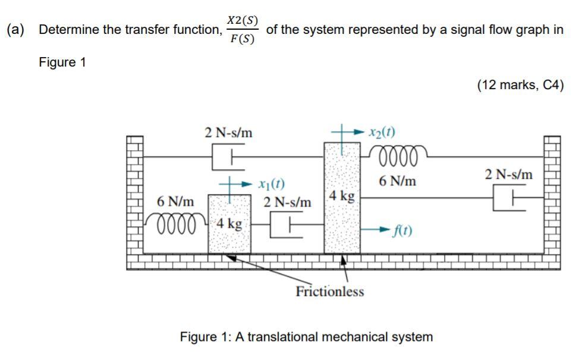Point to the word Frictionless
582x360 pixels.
pos(330,292)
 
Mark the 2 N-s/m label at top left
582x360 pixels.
pos(228,132)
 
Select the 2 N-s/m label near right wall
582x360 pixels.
pos(509,175)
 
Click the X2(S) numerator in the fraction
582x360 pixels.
pos(243,20)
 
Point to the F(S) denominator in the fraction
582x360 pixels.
pos(243,40)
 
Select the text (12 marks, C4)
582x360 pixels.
pos(520,85)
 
